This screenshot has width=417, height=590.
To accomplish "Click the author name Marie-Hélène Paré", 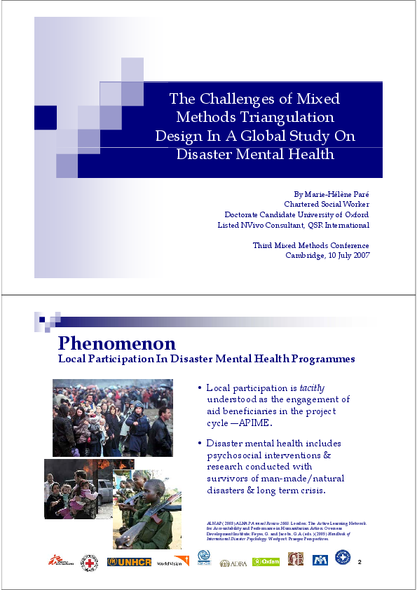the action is click(x=337, y=193).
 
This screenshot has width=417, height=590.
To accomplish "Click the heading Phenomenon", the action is click(x=116, y=343).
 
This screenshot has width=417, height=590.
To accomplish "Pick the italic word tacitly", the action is click(x=312, y=387).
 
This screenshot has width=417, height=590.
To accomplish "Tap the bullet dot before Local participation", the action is click(x=200, y=387).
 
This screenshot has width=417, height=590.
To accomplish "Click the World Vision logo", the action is click(x=170, y=563).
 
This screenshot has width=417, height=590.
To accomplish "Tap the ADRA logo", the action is click(x=233, y=563).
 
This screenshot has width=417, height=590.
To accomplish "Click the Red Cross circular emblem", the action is click(x=89, y=562).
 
